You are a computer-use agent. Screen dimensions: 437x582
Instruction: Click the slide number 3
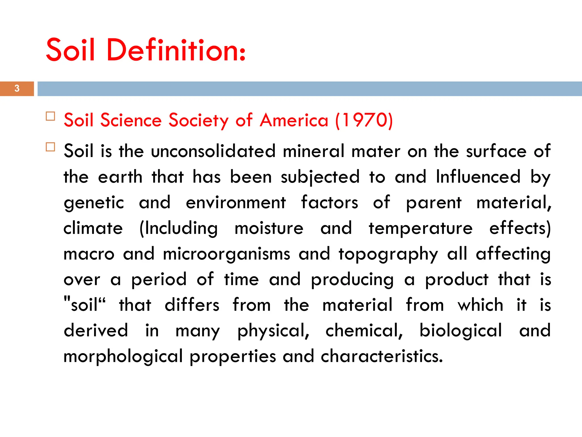click(x=17, y=88)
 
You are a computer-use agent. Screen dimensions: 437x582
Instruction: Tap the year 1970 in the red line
click(x=364, y=120)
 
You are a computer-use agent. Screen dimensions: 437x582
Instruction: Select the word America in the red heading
click(x=294, y=120)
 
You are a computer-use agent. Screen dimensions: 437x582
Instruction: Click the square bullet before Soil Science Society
click(x=50, y=116)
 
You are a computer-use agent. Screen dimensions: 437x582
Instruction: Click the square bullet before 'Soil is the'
click(x=50, y=147)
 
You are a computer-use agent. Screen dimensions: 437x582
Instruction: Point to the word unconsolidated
click(x=213, y=151)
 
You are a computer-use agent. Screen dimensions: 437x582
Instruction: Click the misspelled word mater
click(x=376, y=151)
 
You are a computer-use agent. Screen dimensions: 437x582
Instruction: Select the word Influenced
click(x=478, y=177)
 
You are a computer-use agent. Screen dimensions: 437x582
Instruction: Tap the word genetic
click(x=94, y=203)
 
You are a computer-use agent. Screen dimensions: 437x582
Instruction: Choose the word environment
click(x=236, y=202)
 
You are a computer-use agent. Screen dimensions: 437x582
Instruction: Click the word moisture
click(x=269, y=228)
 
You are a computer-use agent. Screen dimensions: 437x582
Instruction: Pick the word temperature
click(x=421, y=228)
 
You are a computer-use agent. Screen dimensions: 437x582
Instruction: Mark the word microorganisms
click(x=226, y=254)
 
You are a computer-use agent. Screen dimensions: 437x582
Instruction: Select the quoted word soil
click(x=84, y=305)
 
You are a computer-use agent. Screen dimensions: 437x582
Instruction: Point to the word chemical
click(x=364, y=331)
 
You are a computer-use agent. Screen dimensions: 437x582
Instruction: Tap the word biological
click(x=461, y=331)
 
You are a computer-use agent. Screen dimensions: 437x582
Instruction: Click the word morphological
click(x=123, y=356)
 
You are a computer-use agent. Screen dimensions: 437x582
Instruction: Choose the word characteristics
click(x=382, y=356)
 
